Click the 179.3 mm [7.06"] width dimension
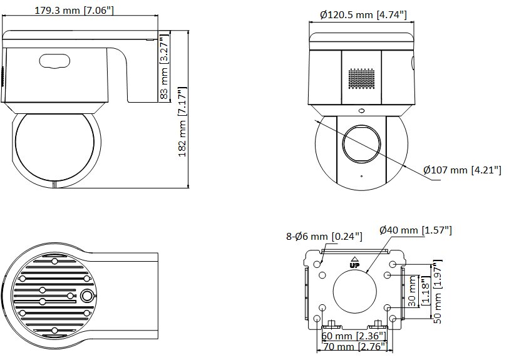(x=74, y=11)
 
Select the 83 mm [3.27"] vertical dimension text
(x=165, y=66)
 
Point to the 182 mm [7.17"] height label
(x=182, y=122)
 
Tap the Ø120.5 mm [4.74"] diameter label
(x=363, y=14)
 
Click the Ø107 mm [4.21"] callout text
(x=462, y=170)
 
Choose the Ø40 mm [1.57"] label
(x=416, y=230)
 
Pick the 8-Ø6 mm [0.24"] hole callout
(x=324, y=236)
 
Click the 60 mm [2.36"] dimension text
(x=354, y=336)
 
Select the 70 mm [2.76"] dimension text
(x=356, y=346)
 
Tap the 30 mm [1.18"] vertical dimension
(x=419, y=291)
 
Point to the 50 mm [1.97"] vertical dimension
(x=438, y=292)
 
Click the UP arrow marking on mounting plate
(x=354, y=262)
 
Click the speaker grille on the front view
(x=361, y=78)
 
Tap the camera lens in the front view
(x=361, y=143)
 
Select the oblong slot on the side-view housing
(x=54, y=61)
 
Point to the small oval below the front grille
(x=361, y=111)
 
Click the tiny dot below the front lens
(x=362, y=177)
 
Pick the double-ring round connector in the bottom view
(x=86, y=296)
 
